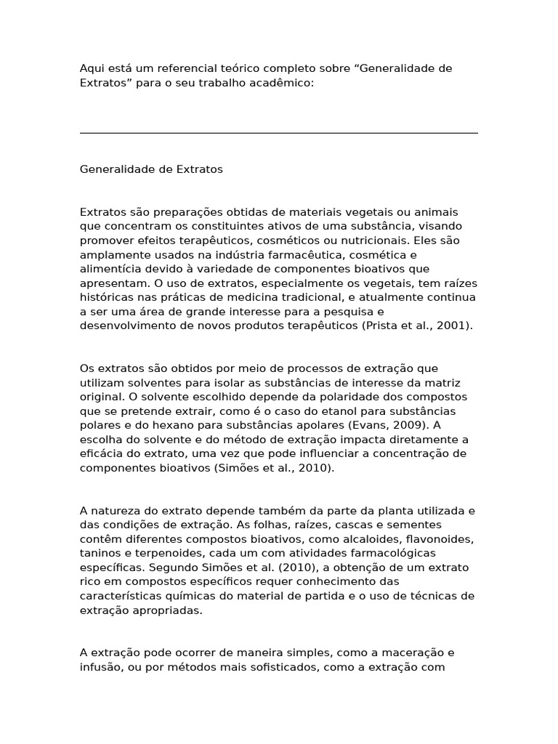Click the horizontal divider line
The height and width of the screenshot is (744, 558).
point(278,133)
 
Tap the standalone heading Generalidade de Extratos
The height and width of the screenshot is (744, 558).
point(151,169)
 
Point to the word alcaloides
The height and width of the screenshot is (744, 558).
point(354,538)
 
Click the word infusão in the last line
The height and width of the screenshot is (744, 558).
point(100,667)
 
